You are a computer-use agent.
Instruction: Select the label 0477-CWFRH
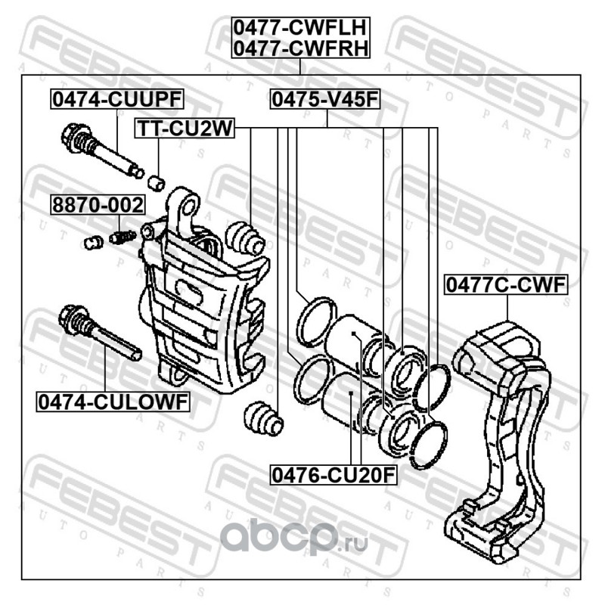(300, 49)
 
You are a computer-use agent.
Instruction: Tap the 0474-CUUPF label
(117, 99)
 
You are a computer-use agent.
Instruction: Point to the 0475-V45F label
(325, 99)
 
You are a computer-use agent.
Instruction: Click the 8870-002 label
(97, 205)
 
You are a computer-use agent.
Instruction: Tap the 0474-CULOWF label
(112, 402)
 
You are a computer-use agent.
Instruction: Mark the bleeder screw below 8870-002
(121, 237)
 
